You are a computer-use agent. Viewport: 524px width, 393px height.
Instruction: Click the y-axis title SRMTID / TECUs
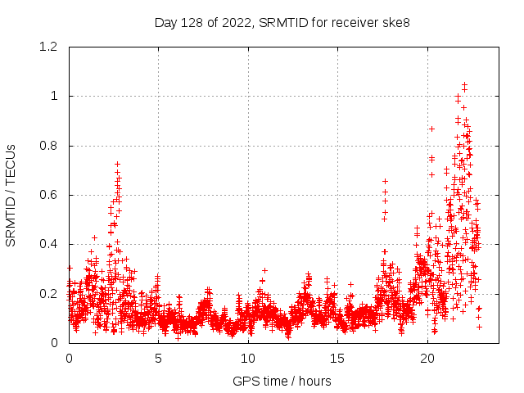11,195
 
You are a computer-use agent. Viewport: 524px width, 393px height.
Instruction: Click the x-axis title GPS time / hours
282,381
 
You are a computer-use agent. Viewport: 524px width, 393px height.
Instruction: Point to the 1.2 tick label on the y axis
48,47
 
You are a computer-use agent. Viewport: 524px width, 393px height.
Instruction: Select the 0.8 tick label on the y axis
48,146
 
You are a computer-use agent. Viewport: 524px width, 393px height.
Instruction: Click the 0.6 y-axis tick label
48,195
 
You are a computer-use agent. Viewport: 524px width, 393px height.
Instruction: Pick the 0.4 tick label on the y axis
48,244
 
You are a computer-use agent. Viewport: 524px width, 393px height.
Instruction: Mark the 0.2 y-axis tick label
48,293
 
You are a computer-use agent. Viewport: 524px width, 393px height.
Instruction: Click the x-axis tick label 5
159,359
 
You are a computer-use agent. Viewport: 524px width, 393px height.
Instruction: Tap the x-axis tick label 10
248,359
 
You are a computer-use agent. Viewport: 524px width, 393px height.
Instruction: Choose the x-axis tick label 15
337,359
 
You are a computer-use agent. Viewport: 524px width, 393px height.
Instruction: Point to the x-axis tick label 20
427,359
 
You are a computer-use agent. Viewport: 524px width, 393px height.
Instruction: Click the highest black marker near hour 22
464,84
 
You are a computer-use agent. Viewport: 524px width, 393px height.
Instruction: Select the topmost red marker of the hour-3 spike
117,164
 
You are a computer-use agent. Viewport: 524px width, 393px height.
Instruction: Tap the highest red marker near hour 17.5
385,181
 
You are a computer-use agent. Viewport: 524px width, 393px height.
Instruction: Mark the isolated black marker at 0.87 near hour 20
431,129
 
